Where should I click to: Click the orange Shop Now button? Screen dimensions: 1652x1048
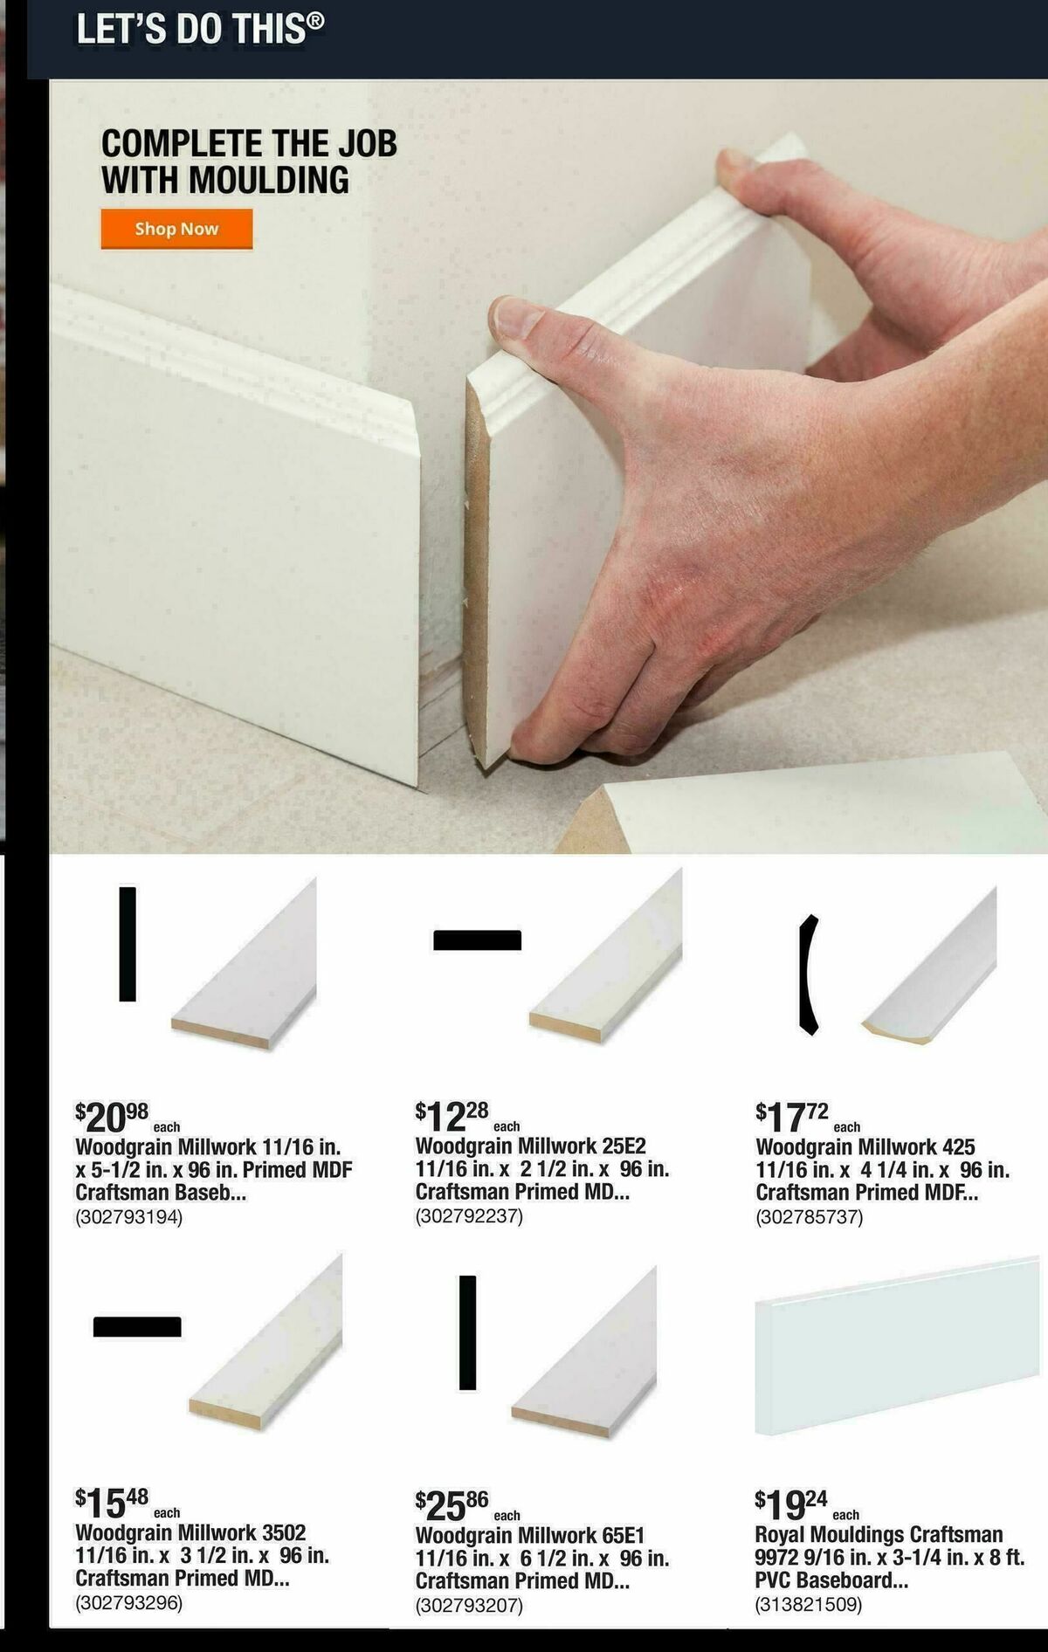(x=176, y=229)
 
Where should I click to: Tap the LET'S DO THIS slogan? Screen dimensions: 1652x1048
(x=200, y=29)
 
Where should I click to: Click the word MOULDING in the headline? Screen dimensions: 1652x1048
(x=269, y=181)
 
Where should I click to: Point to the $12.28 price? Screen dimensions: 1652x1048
(x=452, y=1115)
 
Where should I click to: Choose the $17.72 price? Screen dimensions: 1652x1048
(x=792, y=1116)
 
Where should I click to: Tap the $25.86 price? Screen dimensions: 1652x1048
(x=452, y=1504)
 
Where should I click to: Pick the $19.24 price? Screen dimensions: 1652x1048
(x=792, y=1504)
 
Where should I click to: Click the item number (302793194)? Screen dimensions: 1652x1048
(x=129, y=1217)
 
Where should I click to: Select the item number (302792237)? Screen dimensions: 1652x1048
(x=469, y=1215)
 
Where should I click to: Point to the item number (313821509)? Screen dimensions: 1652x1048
(x=809, y=1604)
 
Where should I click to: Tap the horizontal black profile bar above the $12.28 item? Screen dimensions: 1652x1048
(x=478, y=940)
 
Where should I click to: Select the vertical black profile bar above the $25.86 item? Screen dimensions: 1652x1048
(x=468, y=1332)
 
